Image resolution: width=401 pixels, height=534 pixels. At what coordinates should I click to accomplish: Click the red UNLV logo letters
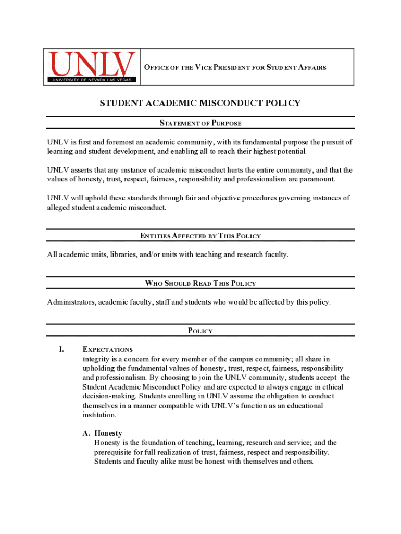[x=92, y=63]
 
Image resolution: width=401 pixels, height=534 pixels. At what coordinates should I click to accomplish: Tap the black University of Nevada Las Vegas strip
[x=92, y=80]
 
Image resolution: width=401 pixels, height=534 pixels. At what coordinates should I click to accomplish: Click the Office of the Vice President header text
[x=235, y=67]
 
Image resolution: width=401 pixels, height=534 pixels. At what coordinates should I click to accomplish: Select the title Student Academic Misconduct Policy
[x=200, y=103]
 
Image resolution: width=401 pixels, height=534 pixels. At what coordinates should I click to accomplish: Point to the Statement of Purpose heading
[x=200, y=123]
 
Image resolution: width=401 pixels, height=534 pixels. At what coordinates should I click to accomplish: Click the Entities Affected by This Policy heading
[x=200, y=236]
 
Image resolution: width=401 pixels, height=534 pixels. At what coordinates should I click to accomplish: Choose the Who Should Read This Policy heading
[x=200, y=283]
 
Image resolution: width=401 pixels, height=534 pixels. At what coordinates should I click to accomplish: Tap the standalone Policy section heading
[x=200, y=331]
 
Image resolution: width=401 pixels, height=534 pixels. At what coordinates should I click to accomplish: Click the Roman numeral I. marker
[x=61, y=349]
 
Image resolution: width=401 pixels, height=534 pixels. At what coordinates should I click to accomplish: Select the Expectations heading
[x=107, y=350]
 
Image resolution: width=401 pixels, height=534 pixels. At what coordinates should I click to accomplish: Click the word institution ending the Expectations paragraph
[x=99, y=415]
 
